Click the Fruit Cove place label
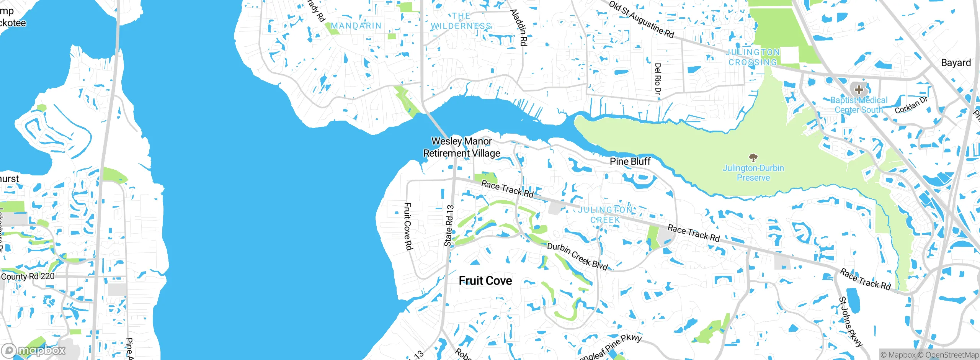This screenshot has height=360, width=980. [x=485, y=281]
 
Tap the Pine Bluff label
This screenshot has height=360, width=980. [x=630, y=161]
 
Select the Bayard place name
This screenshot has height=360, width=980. [x=955, y=63]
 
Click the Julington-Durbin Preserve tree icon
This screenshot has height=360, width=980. [x=753, y=157]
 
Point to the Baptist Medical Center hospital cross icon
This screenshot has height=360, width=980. [x=859, y=90]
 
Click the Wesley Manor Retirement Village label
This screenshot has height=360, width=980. [x=462, y=147]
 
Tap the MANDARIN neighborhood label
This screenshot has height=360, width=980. [x=356, y=26]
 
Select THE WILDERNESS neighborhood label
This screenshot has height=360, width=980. [x=461, y=21]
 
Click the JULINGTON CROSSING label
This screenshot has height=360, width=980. [x=753, y=57]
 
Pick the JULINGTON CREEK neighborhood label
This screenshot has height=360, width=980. [x=605, y=215]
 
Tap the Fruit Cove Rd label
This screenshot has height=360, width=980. [x=408, y=226]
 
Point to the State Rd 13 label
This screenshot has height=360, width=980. [x=449, y=226]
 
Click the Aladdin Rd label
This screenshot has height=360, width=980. [x=519, y=28]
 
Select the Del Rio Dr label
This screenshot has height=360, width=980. [x=658, y=79]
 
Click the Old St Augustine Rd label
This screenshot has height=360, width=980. [x=642, y=19]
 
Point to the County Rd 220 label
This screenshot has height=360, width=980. [x=28, y=276]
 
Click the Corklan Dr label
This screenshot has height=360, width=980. [x=911, y=105]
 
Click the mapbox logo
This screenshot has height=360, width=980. [x=34, y=350]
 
